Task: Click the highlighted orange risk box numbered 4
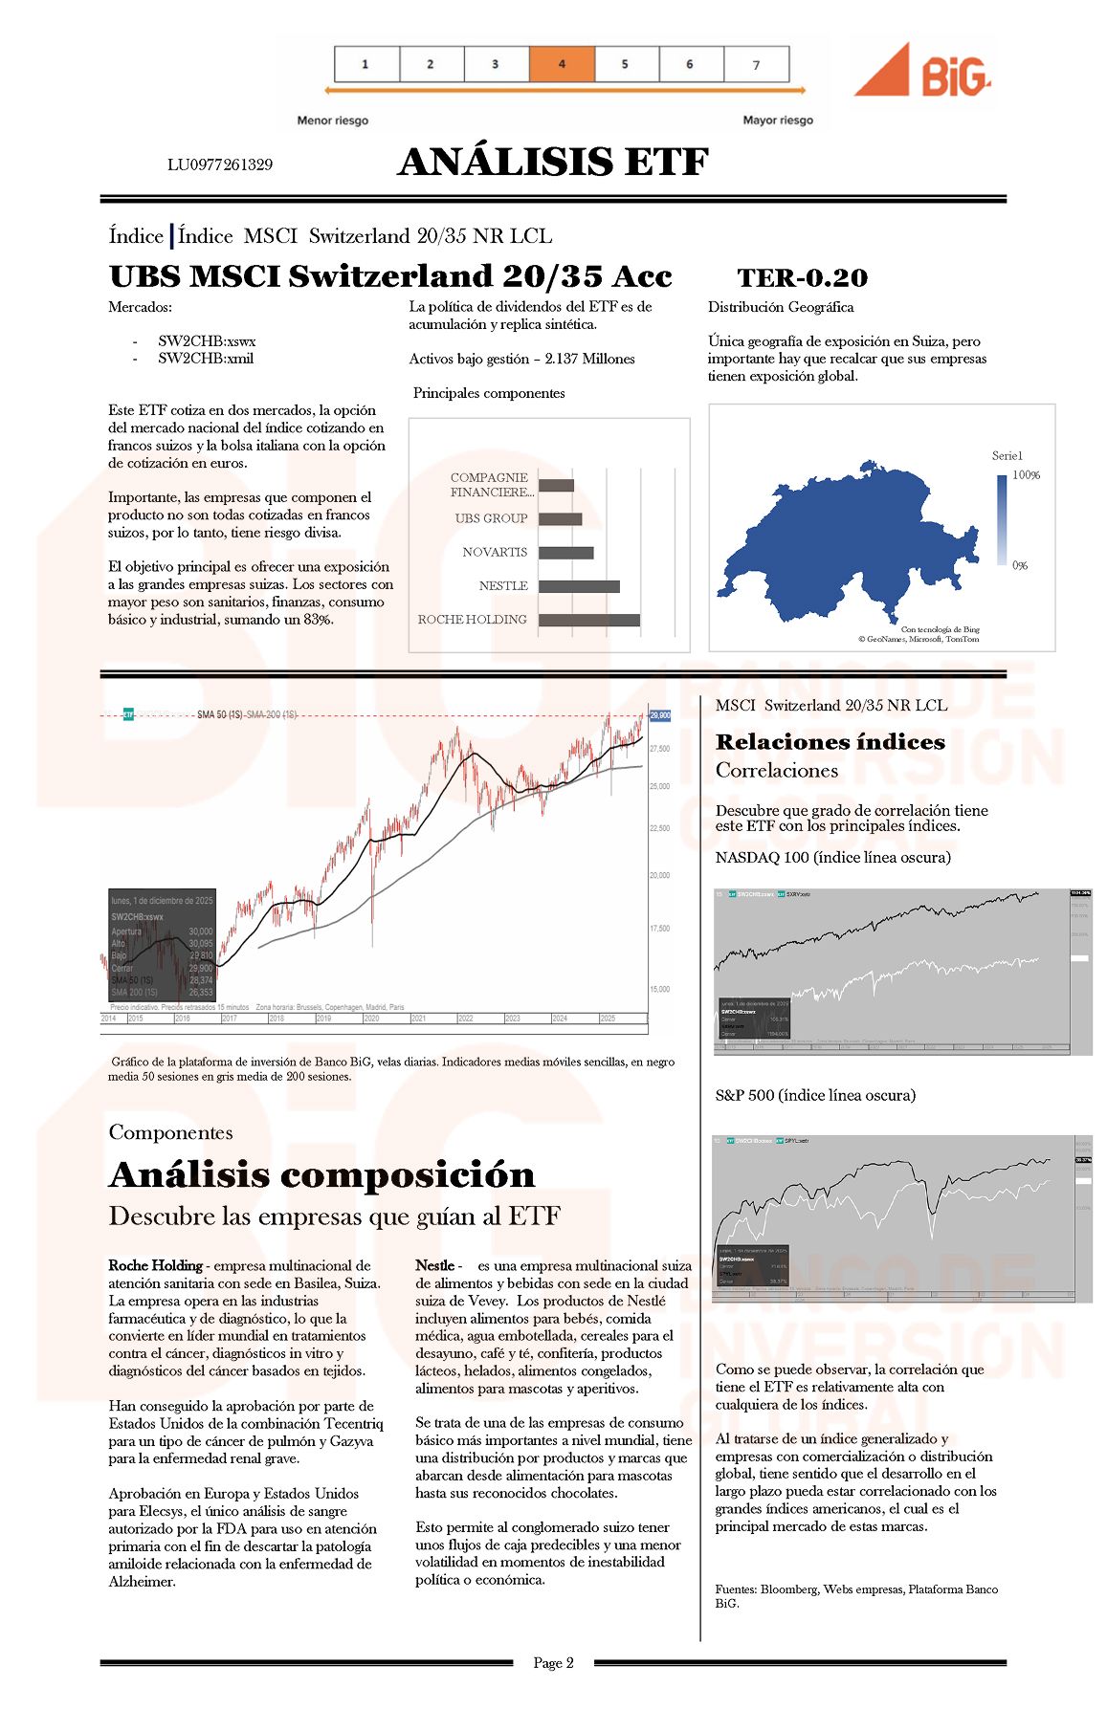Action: pos(562,64)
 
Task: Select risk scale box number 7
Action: pos(757,64)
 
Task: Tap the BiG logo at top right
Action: pos(922,71)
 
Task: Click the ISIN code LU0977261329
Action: pos(220,164)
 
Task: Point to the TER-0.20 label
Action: pos(802,278)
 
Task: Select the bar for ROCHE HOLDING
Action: pos(588,620)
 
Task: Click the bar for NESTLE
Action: pos(579,586)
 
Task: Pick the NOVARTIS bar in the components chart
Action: pos(565,553)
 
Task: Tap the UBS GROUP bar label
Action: pos(492,518)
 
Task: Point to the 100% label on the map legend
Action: pos(1026,475)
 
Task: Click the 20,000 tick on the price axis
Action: pos(660,875)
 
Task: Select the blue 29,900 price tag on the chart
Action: pos(660,715)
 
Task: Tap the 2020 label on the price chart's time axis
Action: pos(371,1019)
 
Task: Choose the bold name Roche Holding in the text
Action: pos(155,1265)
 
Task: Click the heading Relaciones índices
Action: pos(830,742)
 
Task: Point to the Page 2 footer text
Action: pos(553,1662)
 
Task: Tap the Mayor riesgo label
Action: pos(778,121)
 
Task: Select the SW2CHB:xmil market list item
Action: pos(206,359)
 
